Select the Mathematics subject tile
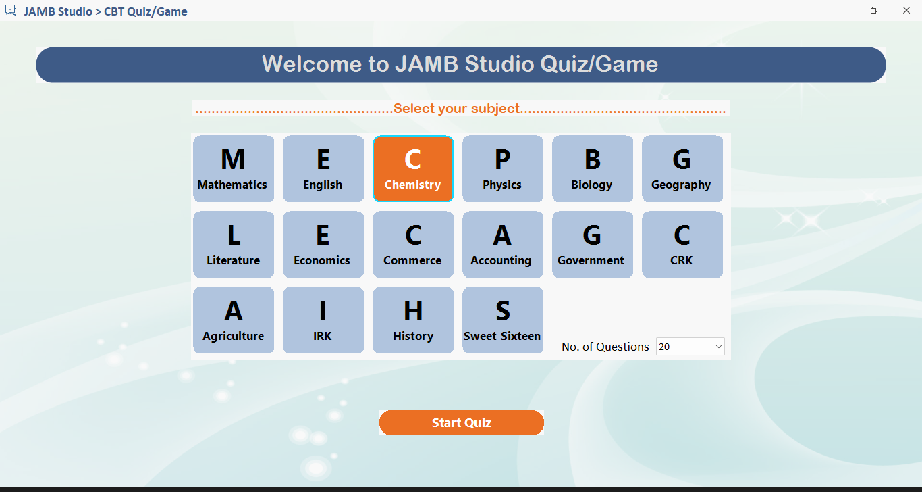[234, 168]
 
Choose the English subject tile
[323, 168]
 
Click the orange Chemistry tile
[413, 168]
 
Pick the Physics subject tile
[502, 168]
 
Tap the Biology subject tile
[592, 168]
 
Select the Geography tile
[682, 168]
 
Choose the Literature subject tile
[234, 244]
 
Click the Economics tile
[323, 244]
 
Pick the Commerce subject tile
[413, 244]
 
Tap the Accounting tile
[502, 244]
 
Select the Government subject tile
[592, 244]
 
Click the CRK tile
[682, 244]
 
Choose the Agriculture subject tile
[234, 320]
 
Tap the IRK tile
[323, 320]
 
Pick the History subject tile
[413, 320]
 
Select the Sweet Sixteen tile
[502, 320]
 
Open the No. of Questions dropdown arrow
[717, 347]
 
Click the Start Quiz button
[461, 422]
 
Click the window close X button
[906, 10]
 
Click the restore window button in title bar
[874, 10]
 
